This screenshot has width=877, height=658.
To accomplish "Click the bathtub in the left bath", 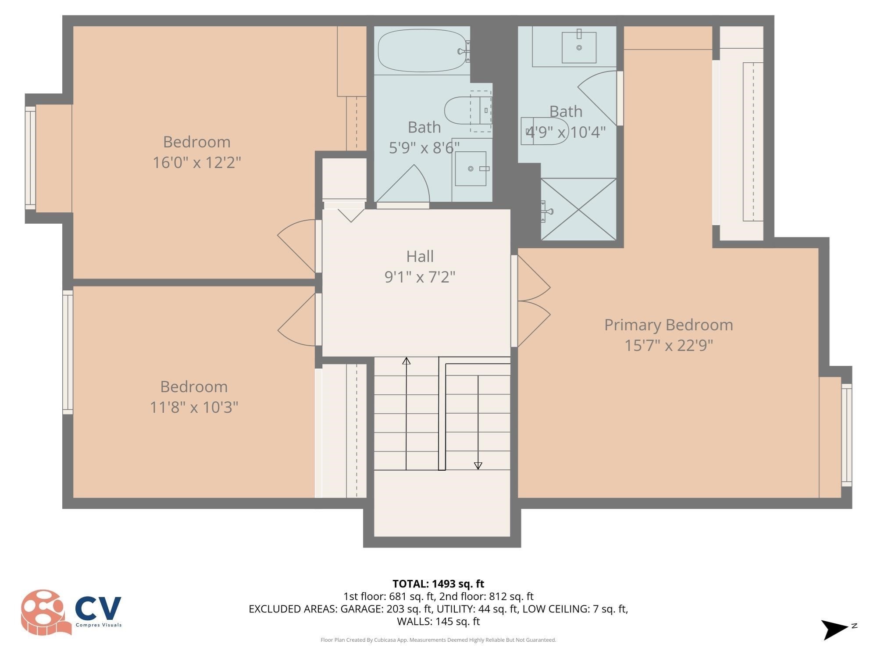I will (421, 50).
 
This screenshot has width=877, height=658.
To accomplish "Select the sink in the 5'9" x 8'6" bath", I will (471, 169).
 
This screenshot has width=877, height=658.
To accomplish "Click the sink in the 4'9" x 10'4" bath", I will (579, 47).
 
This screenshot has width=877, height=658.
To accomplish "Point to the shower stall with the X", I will (579, 209).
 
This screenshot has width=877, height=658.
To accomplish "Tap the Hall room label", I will (420, 256).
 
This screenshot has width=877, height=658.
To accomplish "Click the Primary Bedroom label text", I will (668, 325).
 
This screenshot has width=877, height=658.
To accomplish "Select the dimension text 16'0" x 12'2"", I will (197, 163).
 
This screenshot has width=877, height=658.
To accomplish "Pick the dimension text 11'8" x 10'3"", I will (194, 408).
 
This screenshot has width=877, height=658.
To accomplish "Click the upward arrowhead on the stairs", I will (406, 361).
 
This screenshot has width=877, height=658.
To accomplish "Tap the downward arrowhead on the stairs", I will (478, 466).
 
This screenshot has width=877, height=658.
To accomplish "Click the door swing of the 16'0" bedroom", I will (296, 246).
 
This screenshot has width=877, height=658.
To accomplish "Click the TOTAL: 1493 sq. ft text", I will (438, 584).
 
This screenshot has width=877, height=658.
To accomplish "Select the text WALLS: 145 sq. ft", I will (438, 622).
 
